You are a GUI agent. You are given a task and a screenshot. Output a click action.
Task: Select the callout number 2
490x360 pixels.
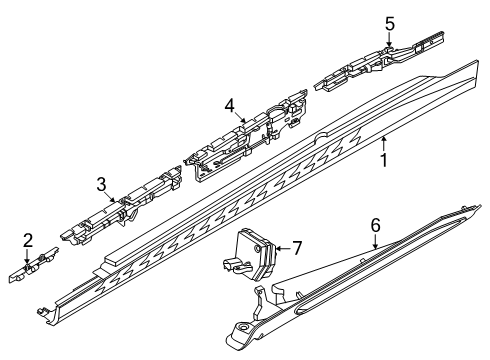point(27,239)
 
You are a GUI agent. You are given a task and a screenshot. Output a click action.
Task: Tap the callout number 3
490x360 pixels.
point(101,183)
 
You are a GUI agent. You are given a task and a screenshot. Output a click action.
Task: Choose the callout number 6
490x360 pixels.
point(374,227)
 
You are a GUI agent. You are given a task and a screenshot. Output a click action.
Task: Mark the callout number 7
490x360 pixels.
point(296,247)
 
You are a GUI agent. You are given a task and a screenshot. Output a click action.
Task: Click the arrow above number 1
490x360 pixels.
point(382,140)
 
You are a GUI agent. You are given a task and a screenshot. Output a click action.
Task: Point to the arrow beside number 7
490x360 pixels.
point(281,247)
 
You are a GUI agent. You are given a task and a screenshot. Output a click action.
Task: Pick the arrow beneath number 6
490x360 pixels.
point(373,243)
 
